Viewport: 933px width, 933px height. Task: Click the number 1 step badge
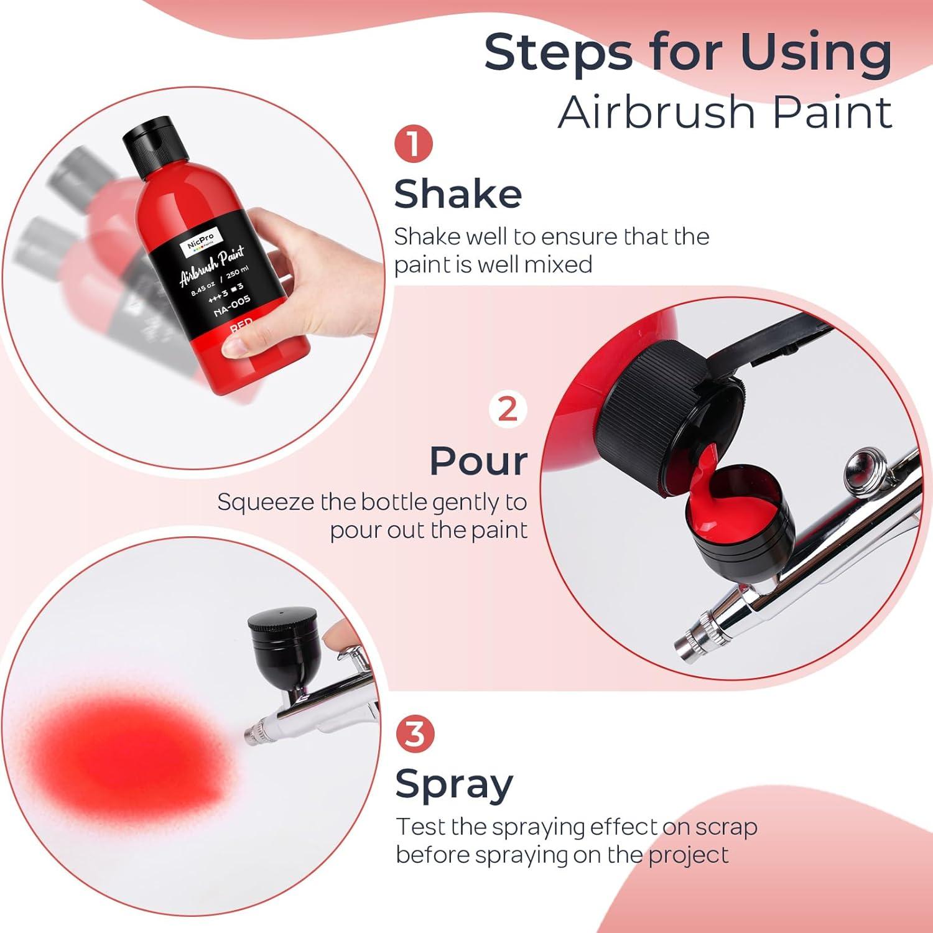[414, 145]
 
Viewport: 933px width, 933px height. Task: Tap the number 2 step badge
[508, 409]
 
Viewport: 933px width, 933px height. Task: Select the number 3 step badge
[414, 734]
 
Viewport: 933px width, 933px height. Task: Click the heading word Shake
[458, 193]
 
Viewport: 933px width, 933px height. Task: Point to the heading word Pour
[478, 461]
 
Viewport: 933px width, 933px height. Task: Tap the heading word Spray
[454, 784]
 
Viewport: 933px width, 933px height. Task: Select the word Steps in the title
[557, 53]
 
